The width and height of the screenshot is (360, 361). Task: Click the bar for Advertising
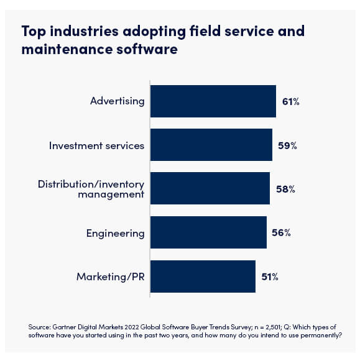[x=213, y=101]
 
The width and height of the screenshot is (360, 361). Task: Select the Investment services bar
[x=211, y=145]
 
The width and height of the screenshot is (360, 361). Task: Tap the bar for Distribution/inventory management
[x=210, y=189]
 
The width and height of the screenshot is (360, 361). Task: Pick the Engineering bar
[x=208, y=233]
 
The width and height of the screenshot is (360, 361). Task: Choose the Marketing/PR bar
[x=203, y=276]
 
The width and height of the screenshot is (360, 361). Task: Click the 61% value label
[x=291, y=101]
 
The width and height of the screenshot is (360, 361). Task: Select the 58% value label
[x=285, y=189]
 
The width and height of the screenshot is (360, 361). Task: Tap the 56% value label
[x=282, y=233]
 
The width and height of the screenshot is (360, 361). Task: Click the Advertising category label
[x=117, y=101]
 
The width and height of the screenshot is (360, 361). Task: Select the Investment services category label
[x=96, y=145]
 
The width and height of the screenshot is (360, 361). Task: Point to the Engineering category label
[x=115, y=233]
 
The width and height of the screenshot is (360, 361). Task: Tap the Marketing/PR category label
[x=110, y=276]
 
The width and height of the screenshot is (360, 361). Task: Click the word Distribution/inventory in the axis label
[x=91, y=184]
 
